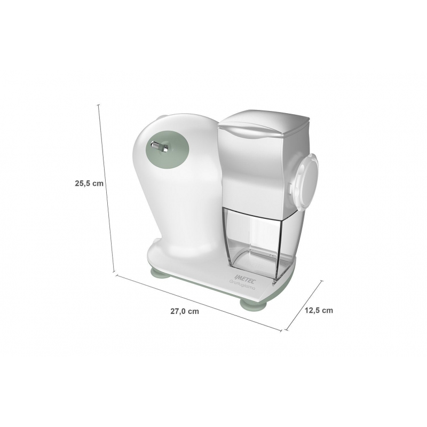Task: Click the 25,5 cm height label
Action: (x=89, y=183)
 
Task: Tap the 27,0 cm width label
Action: (x=185, y=311)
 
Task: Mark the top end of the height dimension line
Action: (x=99, y=105)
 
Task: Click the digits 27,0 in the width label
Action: (x=179, y=311)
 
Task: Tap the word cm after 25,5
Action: (x=97, y=183)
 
